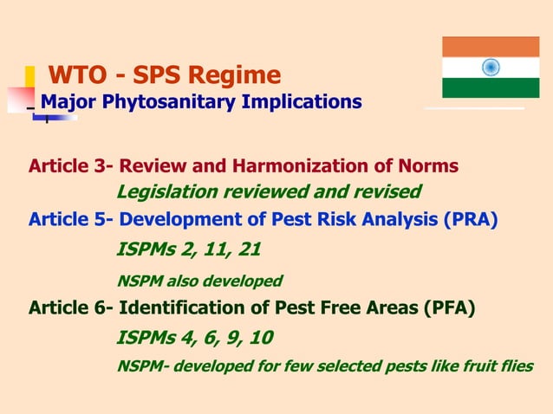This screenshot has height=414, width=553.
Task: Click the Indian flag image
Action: pos(491,67)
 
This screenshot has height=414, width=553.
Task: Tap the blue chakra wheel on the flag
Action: pos(491,67)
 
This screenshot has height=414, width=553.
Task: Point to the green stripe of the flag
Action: pos(491,87)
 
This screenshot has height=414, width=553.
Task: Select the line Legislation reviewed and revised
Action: pos(269,191)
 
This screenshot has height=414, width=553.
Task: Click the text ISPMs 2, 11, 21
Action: pos(188,250)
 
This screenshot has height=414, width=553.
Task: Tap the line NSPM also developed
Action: pos(199,281)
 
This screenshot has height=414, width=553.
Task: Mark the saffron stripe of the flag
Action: pos(491,47)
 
